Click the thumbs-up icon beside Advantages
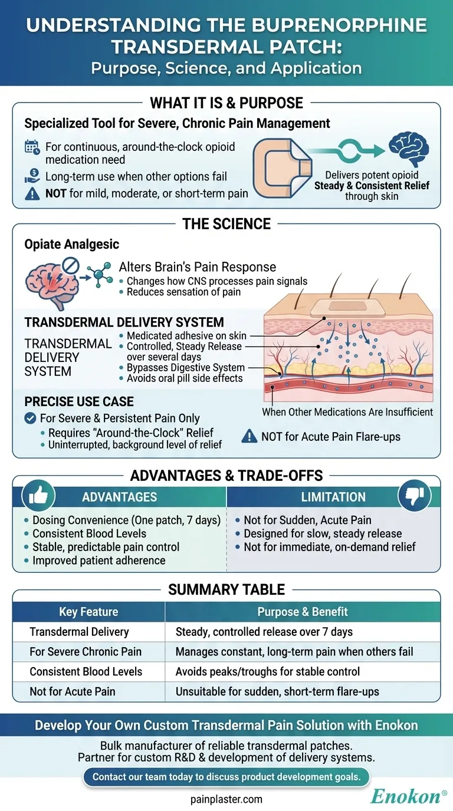38,497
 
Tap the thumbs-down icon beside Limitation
414,496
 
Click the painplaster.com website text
226,799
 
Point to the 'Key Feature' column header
88,612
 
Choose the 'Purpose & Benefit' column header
303,612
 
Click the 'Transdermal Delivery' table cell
79,632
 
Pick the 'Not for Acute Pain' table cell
71,691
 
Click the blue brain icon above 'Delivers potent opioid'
408,150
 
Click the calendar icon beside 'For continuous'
32,147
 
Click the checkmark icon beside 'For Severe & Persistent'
31,418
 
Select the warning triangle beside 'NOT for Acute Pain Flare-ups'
250,437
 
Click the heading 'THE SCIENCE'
226,224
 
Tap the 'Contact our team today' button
226,777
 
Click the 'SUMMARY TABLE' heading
226,589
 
